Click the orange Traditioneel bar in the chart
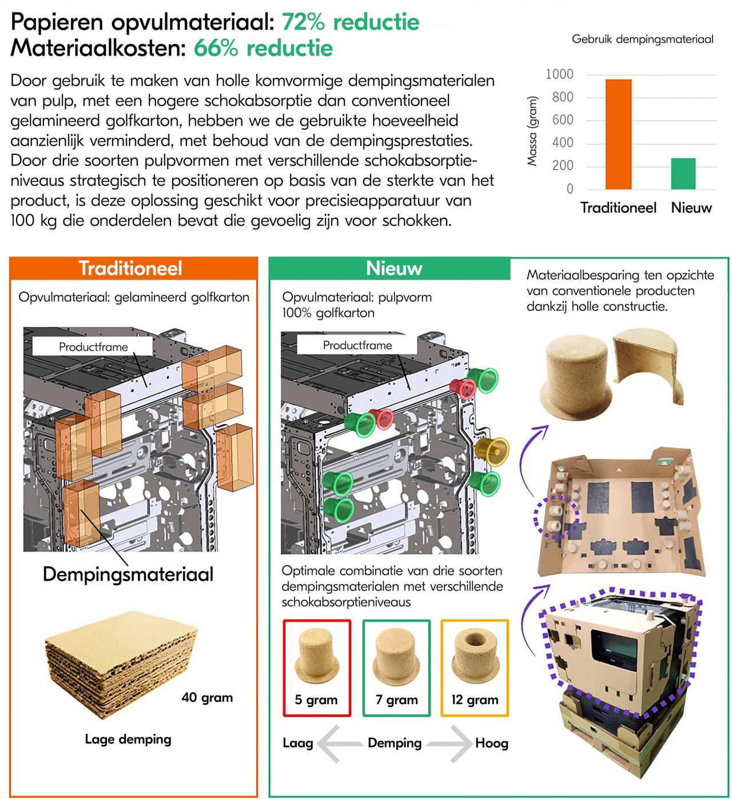618,134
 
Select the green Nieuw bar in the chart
683,174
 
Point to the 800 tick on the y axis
562,97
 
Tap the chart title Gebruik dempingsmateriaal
642,39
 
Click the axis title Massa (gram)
532,131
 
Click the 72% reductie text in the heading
351,22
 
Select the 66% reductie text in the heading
263,48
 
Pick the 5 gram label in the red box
316,700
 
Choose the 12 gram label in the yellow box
475,700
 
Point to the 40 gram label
207,697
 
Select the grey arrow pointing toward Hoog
449,743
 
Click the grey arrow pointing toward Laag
340,743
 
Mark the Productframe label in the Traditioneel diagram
93,346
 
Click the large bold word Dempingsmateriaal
128,574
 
